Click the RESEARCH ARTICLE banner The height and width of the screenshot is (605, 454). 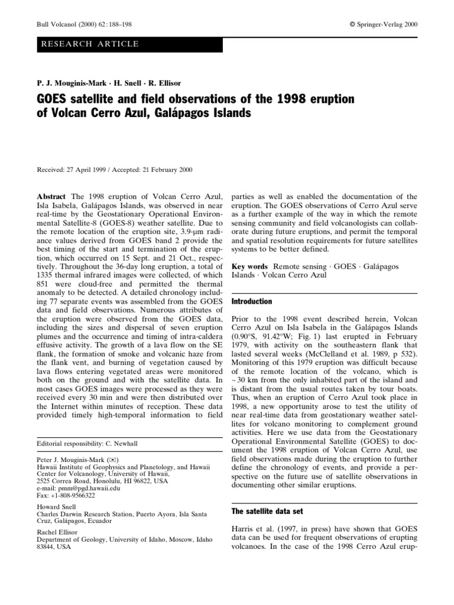89,44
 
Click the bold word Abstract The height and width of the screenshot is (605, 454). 52,196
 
